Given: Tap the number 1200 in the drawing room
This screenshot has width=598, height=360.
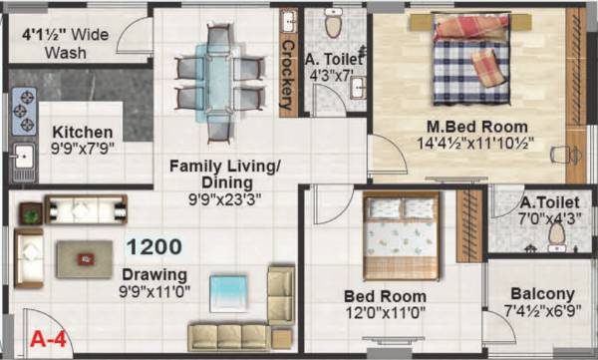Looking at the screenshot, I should click(152, 246).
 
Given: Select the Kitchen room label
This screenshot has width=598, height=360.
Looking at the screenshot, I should click(83, 133).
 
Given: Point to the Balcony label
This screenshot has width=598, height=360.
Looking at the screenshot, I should click(542, 294).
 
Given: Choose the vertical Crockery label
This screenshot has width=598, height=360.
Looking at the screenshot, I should click(288, 75).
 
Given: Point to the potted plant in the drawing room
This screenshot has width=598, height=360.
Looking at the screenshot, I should click(31, 211).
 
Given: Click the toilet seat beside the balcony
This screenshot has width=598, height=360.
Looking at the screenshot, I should click(557, 232).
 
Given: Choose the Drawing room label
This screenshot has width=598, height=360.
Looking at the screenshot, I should click(154, 274).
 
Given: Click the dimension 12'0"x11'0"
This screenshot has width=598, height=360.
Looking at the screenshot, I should click(385, 313).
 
